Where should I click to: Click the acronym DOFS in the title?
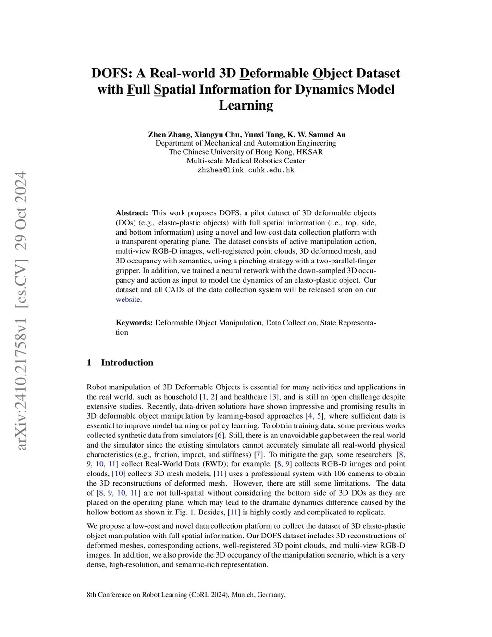(x=111, y=74)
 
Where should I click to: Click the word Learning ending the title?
(x=246, y=105)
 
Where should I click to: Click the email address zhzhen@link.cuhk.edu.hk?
(x=246, y=170)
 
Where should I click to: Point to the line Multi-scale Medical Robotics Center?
(x=246, y=161)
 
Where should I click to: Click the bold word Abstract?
(x=132, y=213)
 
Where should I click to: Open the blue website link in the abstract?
(x=128, y=300)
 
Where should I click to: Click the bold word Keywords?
(x=134, y=323)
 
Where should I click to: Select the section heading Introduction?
(x=127, y=362)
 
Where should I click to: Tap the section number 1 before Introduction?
(x=89, y=362)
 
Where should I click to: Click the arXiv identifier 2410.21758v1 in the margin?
(x=21, y=370)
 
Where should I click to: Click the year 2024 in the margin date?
(x=21, y=187)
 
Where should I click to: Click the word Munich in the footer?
(x=242, y=595)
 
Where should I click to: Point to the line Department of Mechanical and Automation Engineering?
(x=246, y=143)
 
